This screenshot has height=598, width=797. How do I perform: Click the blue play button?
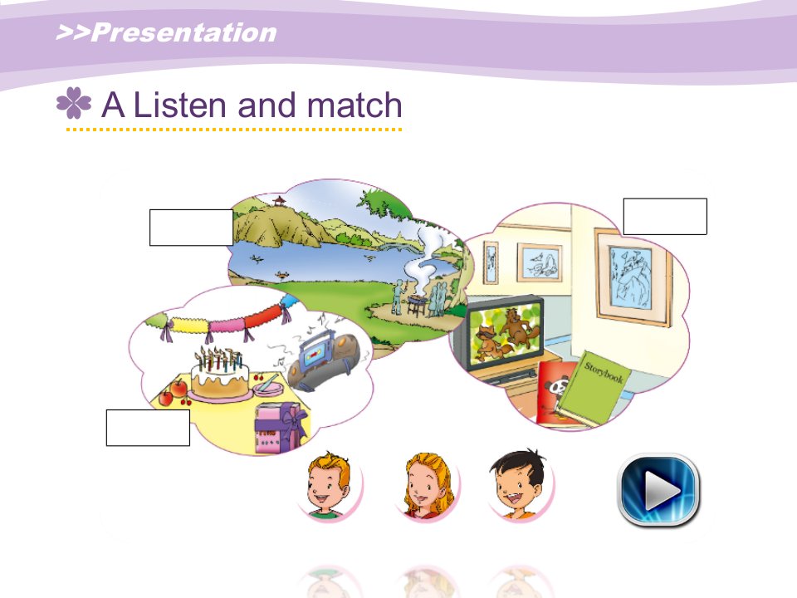658,490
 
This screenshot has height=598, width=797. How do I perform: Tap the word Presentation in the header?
183,32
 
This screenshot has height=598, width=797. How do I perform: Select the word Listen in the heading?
179,105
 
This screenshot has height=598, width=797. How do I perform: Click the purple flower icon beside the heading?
74,102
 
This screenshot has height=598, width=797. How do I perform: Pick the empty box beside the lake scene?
191,228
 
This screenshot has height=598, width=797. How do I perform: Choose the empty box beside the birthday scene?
148,428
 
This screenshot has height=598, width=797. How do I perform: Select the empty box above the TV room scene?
665,216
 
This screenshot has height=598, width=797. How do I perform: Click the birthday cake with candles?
219,373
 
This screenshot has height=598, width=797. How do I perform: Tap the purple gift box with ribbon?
281,427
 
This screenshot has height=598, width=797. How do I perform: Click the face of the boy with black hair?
518,484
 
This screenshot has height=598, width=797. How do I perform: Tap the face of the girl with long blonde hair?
428,487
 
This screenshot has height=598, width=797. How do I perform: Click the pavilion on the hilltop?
279,201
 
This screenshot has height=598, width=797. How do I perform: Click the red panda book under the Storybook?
553,392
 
